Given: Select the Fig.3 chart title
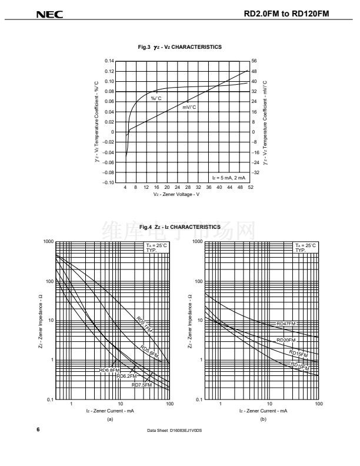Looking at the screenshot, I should [179, 48].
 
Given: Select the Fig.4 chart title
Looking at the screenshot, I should [179, 227].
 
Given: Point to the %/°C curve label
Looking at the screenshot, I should [156, 98].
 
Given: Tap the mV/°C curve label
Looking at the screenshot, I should [189, 107].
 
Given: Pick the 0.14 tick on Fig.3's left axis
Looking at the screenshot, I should [109, 61].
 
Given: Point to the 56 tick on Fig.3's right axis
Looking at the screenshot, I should [254, 61].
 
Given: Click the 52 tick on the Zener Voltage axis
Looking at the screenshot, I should [251, 188].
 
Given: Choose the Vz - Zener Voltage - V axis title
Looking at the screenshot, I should [176, 194].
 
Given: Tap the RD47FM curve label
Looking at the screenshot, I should [286, 324].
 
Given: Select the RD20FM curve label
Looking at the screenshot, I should [286, 340].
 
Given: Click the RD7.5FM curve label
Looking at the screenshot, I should [141, 384].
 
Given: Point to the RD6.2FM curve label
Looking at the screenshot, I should [126, 375].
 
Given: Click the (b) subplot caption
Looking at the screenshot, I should [263, 419].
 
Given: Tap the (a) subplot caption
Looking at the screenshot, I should [109, 419].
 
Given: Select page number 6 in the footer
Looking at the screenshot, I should [39, 430].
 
